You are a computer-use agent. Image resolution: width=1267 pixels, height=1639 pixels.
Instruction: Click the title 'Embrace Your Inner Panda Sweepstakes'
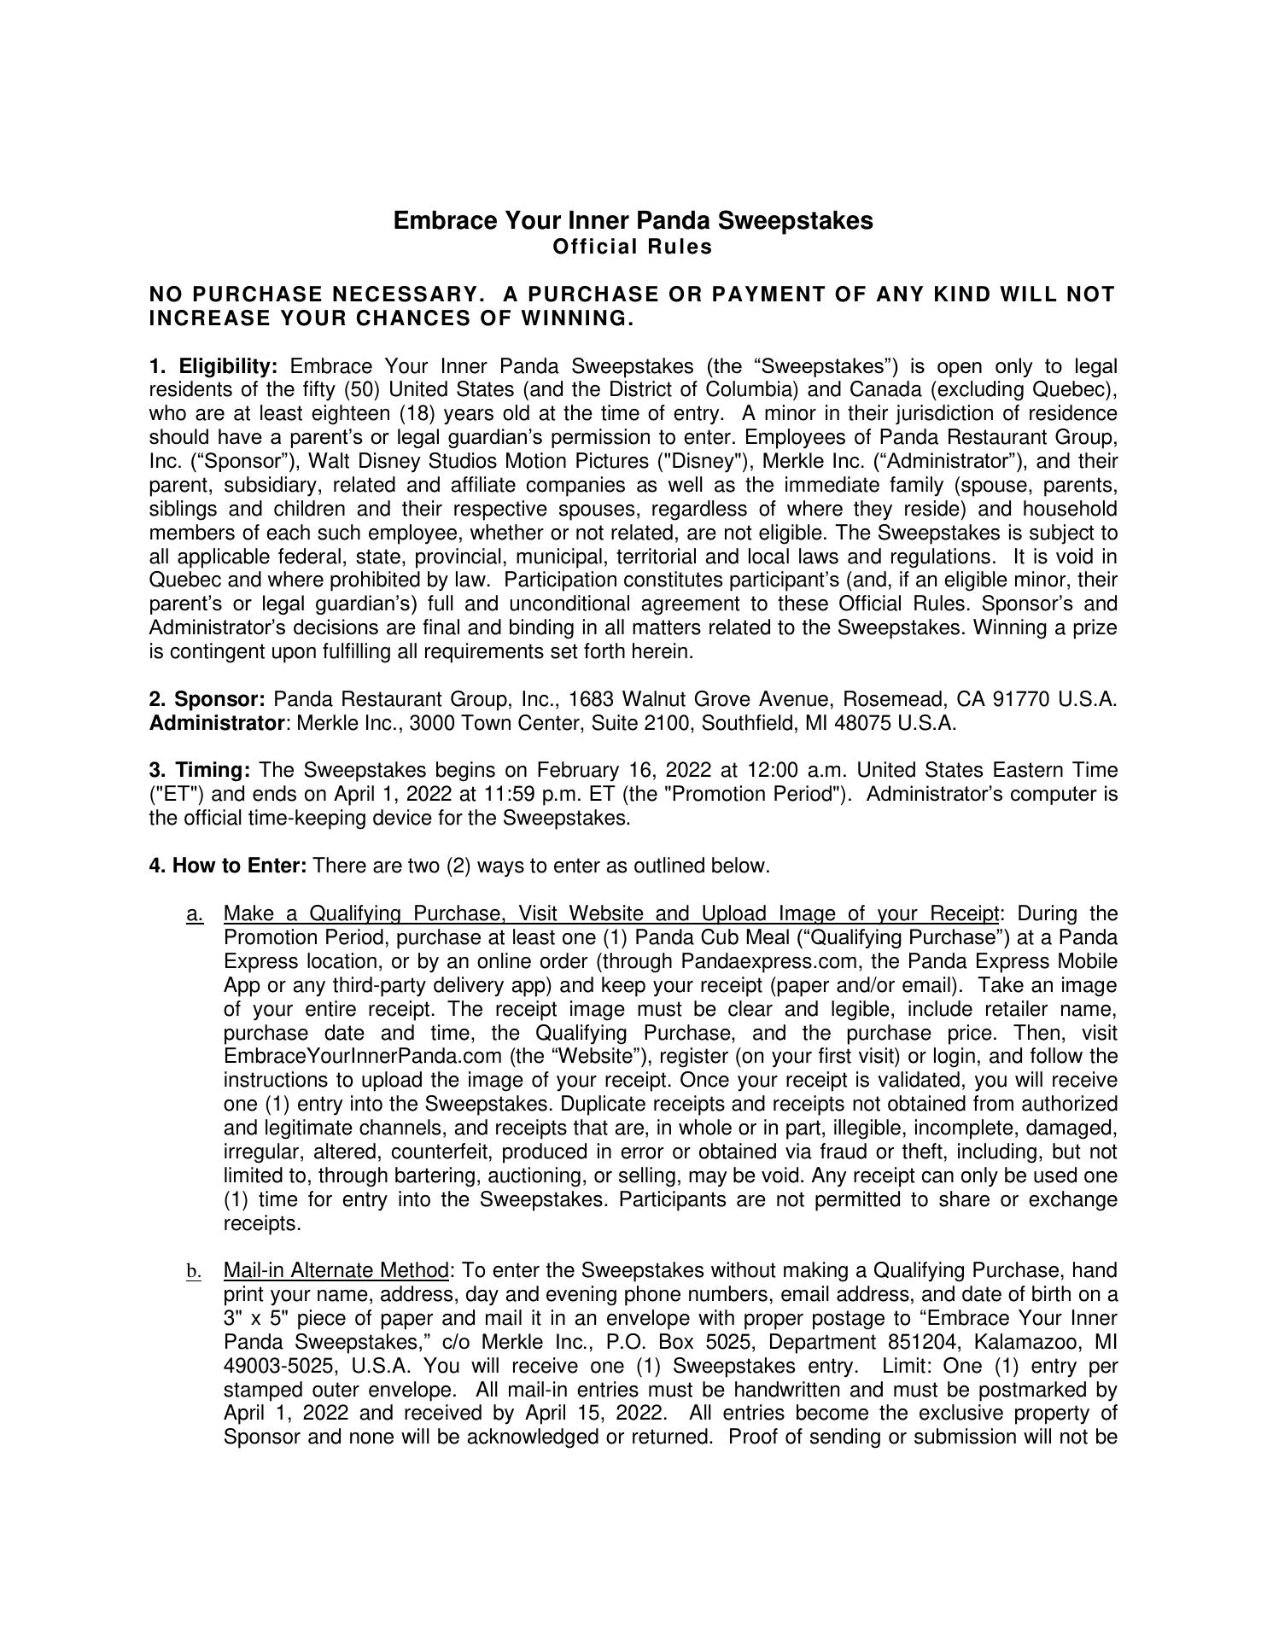pos(633,221)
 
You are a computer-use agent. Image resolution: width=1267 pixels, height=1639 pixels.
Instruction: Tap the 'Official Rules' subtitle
pos(633,248)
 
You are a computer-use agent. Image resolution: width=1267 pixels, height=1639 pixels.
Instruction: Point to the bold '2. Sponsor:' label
pos(207,700)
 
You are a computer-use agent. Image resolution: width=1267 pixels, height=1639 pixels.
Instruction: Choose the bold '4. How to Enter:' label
pos(228,866)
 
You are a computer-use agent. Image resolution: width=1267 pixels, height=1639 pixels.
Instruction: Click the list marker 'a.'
pos(195,914)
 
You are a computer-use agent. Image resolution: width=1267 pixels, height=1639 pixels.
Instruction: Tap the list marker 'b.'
pos(195,1272)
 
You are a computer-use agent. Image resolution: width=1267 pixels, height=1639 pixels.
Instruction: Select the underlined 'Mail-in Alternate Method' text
pos(336,1271)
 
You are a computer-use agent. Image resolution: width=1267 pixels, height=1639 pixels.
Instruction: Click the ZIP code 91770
pos(1020,700)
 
